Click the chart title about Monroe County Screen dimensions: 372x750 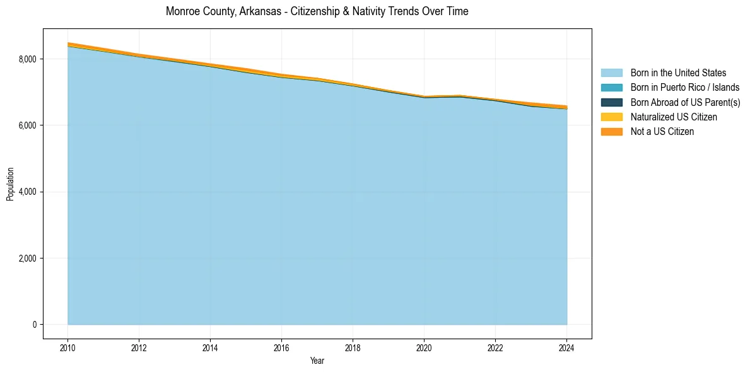317,11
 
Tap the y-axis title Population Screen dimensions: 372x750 10,184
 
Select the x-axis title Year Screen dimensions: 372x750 317,361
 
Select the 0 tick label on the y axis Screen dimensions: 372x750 35,325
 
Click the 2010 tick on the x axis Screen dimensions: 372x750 67,347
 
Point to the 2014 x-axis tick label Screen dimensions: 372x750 210,347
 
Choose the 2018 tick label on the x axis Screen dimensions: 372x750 353,347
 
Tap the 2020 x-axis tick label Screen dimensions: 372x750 424,347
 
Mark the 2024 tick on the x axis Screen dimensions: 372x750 566,347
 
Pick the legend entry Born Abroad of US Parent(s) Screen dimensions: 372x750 685,102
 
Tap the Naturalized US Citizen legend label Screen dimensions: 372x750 674,117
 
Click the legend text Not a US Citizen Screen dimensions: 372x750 662,131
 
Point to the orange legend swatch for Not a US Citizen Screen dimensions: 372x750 611,131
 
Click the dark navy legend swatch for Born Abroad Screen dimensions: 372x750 611,102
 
